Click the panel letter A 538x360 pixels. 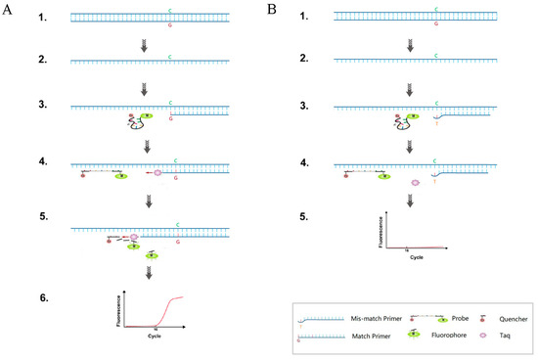8,9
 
